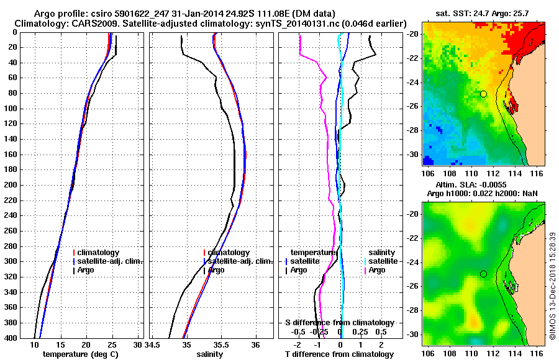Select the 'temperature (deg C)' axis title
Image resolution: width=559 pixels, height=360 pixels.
coord(80,354)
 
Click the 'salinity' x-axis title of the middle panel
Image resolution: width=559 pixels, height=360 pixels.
coord(210,354)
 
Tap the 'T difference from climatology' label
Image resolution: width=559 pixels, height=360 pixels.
coord(339,354)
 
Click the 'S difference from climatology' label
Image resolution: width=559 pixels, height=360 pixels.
coord(339,323)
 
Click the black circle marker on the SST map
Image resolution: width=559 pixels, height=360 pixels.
coord(483,94)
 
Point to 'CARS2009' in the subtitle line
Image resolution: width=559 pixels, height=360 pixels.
coord(84,23)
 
